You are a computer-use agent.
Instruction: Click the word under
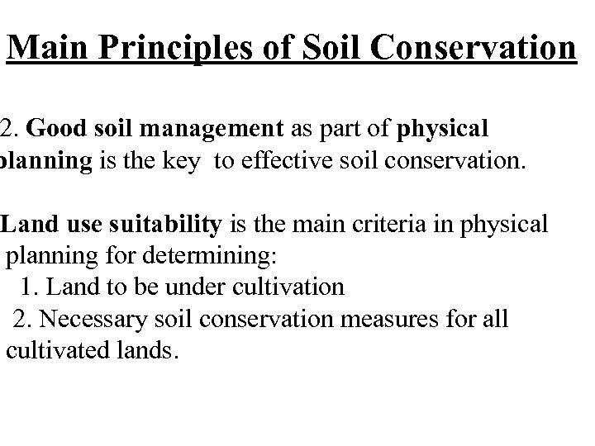(x=188, y=287)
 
